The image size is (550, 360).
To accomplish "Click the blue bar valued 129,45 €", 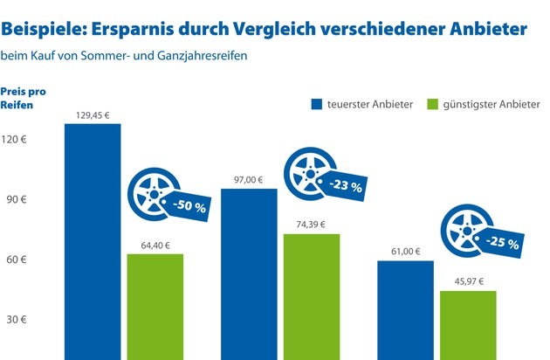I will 92,241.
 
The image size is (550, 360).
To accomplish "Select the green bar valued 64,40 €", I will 155,306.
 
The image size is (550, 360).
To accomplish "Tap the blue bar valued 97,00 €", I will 249,273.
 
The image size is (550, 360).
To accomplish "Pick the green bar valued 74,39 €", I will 312,296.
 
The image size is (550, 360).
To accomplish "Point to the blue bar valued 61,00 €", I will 405,309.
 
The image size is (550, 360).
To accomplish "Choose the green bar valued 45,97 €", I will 468,324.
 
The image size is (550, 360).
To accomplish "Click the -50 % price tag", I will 187,206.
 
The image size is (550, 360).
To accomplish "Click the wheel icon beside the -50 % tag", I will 149,191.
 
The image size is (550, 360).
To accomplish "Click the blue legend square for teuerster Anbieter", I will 317,105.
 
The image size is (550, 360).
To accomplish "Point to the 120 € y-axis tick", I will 16,139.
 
